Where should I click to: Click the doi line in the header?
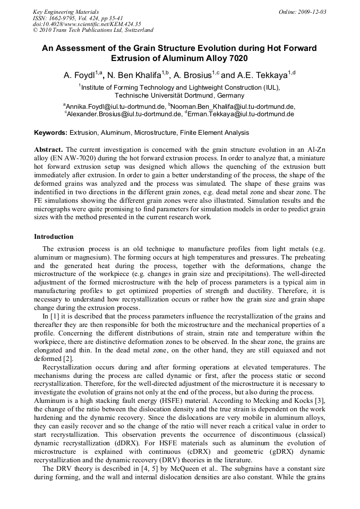(x=80, y=24)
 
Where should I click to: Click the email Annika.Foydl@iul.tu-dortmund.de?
(x=115, y=107)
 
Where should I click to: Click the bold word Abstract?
(x=49, y=150)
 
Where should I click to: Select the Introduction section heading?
(x=54, y=236)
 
